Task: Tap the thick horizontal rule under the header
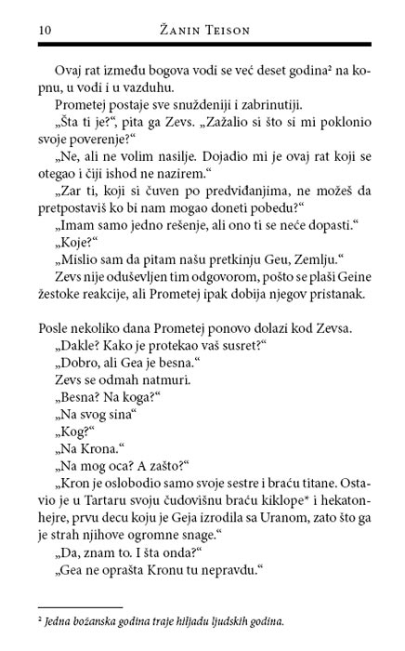pyautogui.click(x=202, y=46)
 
